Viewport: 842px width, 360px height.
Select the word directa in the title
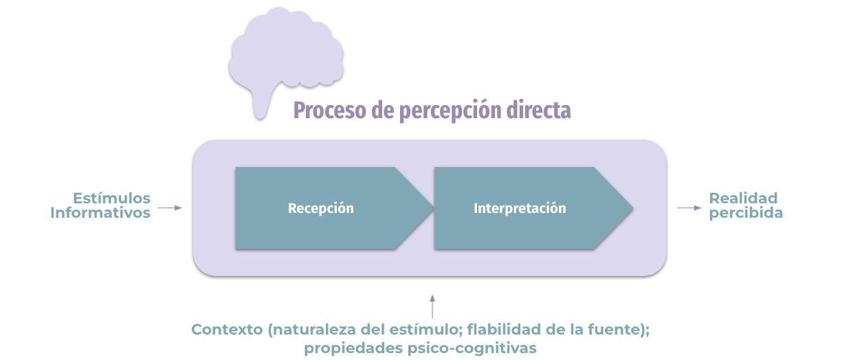[x=539, y=110]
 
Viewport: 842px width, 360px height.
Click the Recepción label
[x=320, y=208]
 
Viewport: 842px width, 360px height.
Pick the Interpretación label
[x=520, y=208]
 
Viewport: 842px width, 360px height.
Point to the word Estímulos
[x=111, y=198]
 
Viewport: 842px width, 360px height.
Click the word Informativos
[x=100, y=213]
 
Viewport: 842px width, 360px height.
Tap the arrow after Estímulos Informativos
[x=170, y=207]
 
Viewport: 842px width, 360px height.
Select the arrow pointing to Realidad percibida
[x=689, y=207]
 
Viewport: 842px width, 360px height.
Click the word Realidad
[x=743, y=198]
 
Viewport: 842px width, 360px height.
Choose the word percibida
[x=746, y=213]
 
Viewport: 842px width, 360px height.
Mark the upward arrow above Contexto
[x=432, y=306]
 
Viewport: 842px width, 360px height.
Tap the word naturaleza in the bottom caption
[x=314, y=330]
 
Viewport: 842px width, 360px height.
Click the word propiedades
[x=353, y=348]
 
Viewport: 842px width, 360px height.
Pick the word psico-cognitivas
[x=472, y=348]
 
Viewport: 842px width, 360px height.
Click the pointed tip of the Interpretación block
[x=633, y=207]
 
